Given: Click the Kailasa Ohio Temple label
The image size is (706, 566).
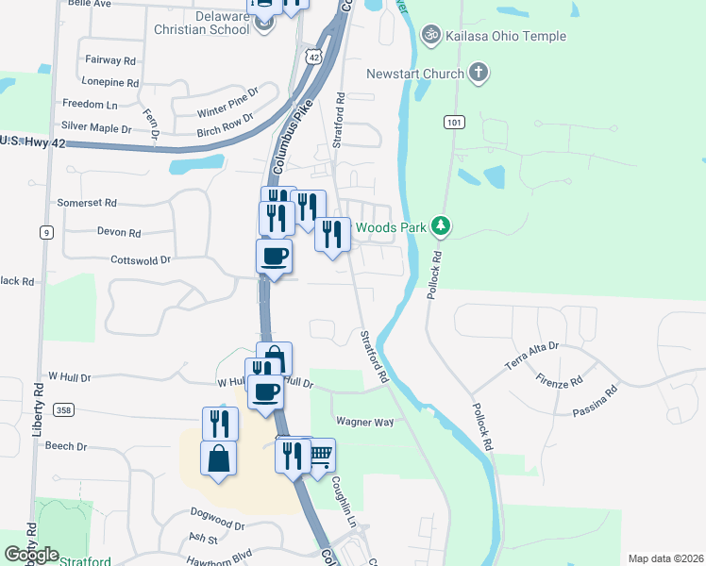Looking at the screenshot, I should point(507,36).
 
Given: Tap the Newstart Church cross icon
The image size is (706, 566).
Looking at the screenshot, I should point(479,73).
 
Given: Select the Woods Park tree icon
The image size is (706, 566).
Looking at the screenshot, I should point(440,226).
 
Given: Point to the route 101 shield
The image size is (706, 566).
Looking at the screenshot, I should point(455,123).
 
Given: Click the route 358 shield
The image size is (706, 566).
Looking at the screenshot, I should point(63,409).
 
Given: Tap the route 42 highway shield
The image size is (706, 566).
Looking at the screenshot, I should point(313,57).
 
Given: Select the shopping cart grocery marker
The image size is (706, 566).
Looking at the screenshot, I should point(321,456).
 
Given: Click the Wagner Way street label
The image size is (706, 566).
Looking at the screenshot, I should point(364,422).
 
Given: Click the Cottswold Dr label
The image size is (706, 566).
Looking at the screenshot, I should point(141,259).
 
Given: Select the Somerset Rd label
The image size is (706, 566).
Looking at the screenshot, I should point(86,203).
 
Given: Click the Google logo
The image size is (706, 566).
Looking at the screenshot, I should point(32,555).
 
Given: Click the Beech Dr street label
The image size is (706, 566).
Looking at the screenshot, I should point(66,446).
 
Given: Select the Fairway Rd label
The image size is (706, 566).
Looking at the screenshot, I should point(110,59).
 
